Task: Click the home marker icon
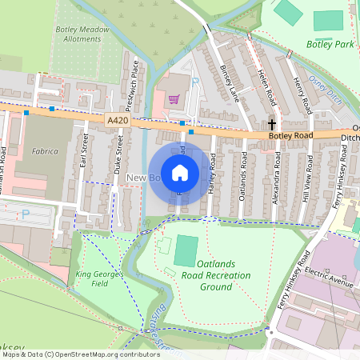pyautogui.click(x=180, y=172)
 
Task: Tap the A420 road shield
pyautogui.click(x=117, y=120)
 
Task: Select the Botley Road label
pyautogui.click(x=293, y=137)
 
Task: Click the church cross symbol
pyautogui.click(x=272, y=125)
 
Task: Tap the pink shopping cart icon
pyautogui.click(x=174, y=99)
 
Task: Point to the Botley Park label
pyautogui.click(x=329, y=45)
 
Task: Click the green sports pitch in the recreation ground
pyautogui.click(x=185, y=251)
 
